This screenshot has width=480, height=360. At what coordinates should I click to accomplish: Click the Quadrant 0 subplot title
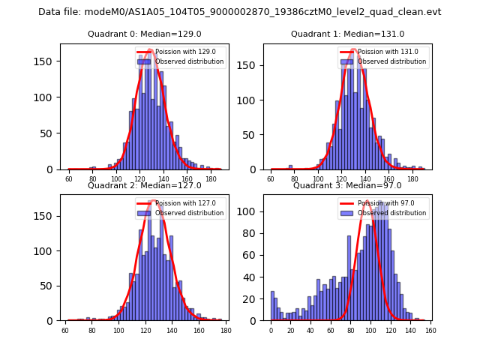click(144, 34)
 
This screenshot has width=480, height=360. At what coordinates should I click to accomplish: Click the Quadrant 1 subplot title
click(347, 34)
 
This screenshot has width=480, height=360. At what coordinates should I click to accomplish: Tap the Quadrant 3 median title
click(347, 185)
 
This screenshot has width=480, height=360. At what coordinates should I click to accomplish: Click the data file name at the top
click(240, 12)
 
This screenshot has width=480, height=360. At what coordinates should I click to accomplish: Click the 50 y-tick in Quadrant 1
click(254, 135)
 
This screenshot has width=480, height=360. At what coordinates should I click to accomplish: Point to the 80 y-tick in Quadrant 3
click(254, 242)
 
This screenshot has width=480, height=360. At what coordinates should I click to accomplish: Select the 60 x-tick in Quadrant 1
click(271, 180)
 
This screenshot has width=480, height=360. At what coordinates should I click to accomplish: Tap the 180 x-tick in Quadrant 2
click(225, 331)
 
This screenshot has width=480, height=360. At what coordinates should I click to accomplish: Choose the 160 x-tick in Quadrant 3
click(430, 331)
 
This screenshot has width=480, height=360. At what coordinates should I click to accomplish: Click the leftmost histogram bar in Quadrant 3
click(272, 306)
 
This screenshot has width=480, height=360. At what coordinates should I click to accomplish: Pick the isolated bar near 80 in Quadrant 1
click(290, 167)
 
